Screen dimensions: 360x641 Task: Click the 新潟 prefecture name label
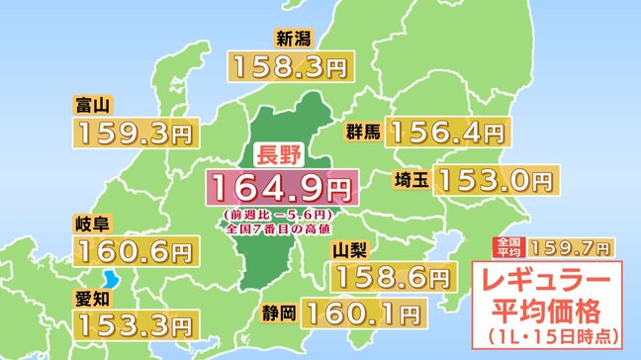[x=297, y=40]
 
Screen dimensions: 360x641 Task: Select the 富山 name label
[x=91, y=104]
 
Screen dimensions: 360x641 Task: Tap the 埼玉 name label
[x=409, y=181]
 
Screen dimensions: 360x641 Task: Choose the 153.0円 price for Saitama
[x=494, y=180]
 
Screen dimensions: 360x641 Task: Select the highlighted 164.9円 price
[x=280, y=187]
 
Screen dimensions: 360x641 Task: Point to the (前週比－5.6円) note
[x=280, y=214]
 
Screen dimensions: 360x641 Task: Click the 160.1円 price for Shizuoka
[x=364, y=315]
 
